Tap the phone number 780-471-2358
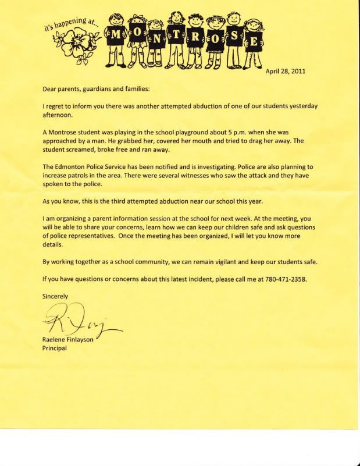point(284,279)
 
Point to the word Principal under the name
point(55,349)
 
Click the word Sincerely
point(56,296)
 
